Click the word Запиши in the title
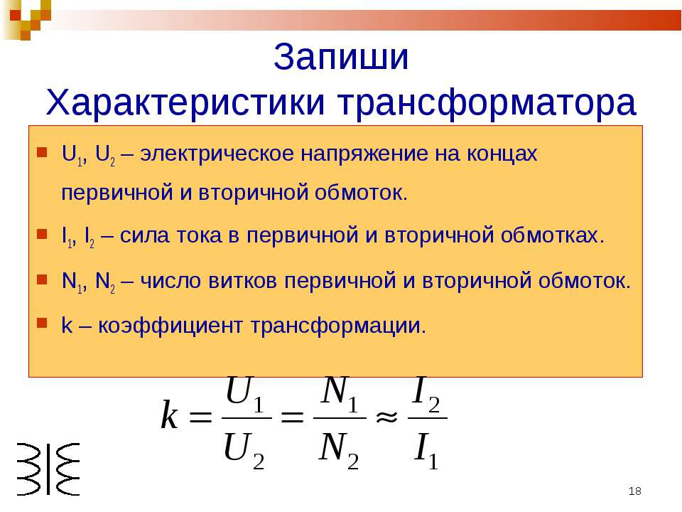pyautogui.click(x=341, y=57)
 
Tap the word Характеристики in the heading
pyautogui.click(x=185, y=102)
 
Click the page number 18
pyautogui.click(x=635, y=491)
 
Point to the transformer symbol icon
pyautogui.click(x=48, y=469)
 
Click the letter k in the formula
pyautogui.click(x=170, y=415)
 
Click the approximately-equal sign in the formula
pyautogui.click(x=386, y=417)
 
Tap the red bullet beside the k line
pyautogui.click(x=42, y=323)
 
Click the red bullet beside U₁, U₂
pyautogui.click(x=42, y=152)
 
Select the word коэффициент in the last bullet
pyautogui.click(x=170, y=326)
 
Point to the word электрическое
pyautogui.click(x=217, y=154)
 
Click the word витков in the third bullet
pyautogui.click(x=243, y=281)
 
